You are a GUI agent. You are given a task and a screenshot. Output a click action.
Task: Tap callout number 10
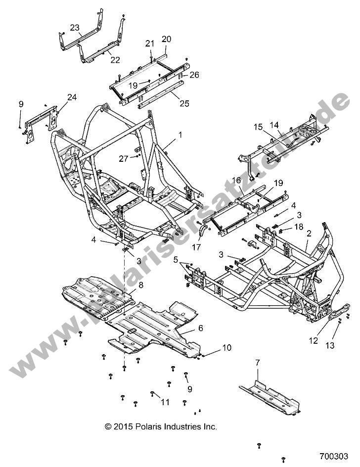[226, 348]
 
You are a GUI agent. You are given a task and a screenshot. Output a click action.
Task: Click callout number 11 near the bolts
[165, 402]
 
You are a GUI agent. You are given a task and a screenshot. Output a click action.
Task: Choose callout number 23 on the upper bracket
[75, 28]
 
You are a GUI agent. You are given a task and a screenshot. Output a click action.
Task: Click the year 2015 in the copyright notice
[126, 426]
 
